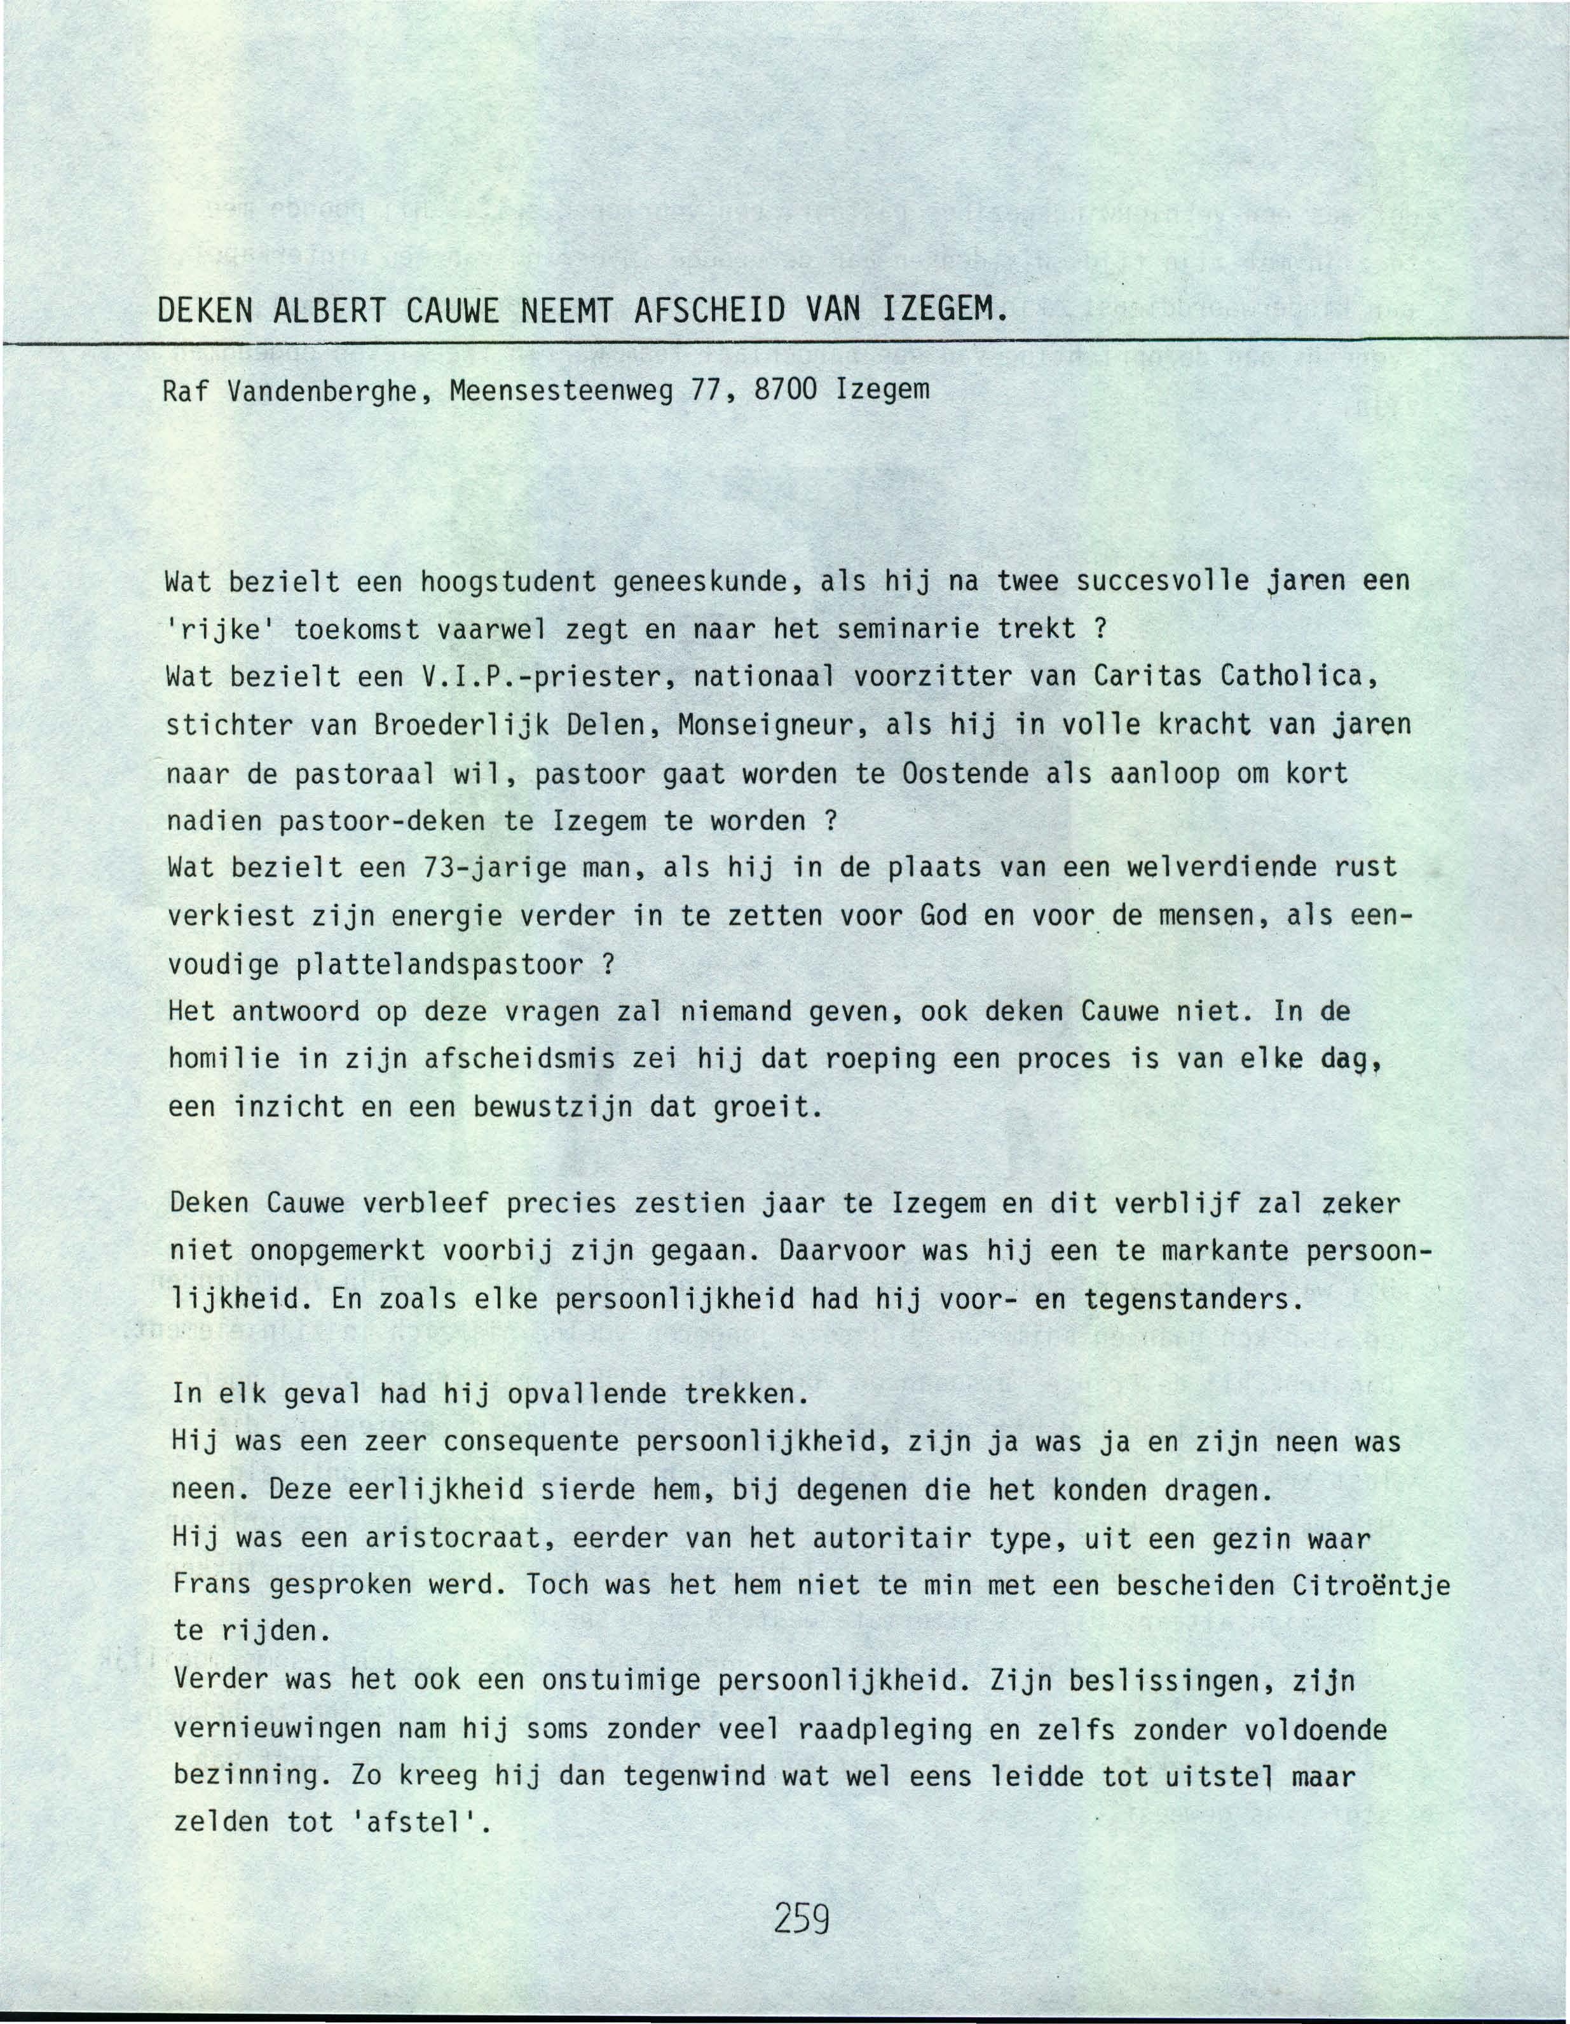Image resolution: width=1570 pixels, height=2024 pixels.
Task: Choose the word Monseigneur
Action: click(x=768, y=726)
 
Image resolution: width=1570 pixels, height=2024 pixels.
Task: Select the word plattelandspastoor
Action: click(x=440, y=965)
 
